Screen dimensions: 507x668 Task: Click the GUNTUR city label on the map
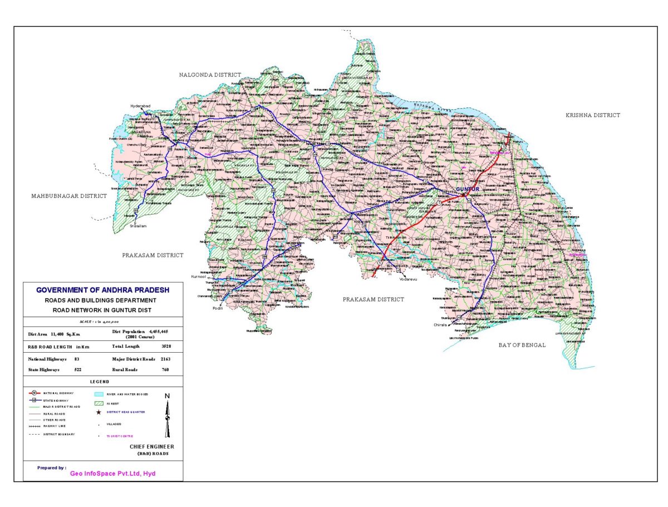click(468, 189)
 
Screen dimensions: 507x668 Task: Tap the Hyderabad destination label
click(141, 106)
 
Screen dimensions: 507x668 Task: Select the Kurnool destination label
click(199, 276)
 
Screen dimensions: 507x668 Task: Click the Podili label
click(218, 308)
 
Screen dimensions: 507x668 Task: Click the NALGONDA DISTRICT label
click(210, 75)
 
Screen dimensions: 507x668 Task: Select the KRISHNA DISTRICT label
click(592, 115)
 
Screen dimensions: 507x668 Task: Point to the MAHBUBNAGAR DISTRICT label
click(68, 196)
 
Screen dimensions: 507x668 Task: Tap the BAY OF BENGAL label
click(522, 345)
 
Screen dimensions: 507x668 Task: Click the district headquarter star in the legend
click(99, 413)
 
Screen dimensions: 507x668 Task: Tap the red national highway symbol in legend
click(34, 393)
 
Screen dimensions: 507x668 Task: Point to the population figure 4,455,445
click(163, 332)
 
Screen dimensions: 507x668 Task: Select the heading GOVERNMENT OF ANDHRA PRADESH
click(103, 290)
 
